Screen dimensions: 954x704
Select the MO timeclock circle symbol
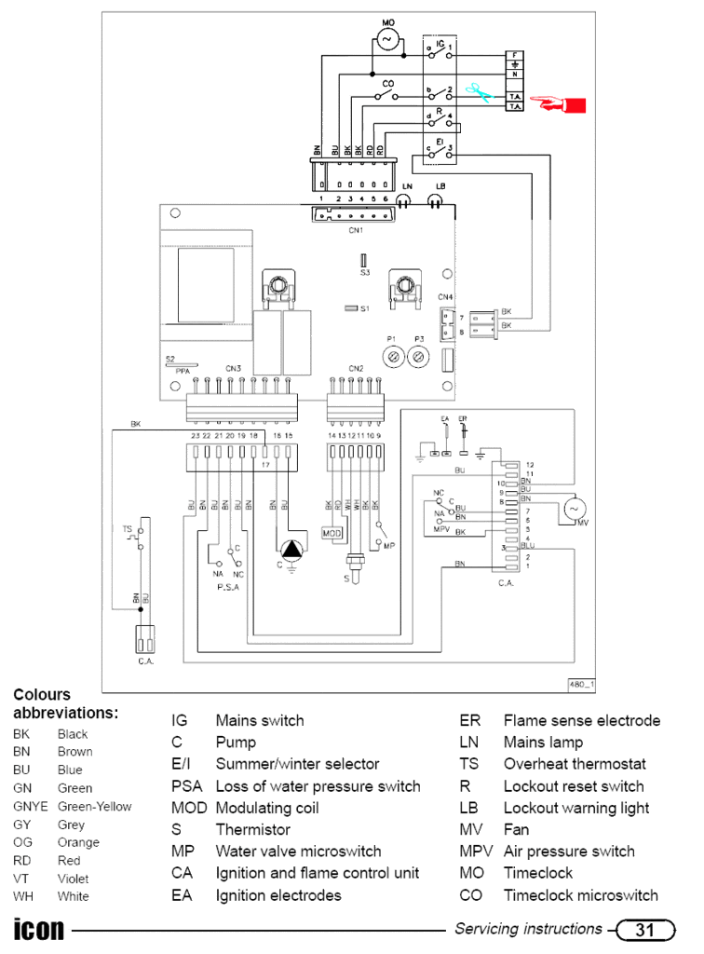click(x=387, y=38)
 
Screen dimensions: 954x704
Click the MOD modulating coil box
click(x=332, y=533)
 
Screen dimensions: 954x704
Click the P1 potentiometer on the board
click(x=393, y=356)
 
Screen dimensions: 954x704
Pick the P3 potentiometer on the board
click(x=419, y=356)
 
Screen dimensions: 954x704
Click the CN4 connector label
click(x=446, y=297)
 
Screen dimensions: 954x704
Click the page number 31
click(x=643, y=929)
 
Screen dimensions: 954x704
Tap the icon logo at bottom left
click(x=39, y=930)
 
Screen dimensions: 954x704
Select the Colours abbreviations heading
click(x=65, y=703)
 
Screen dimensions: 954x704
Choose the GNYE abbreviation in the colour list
click(x=29, y=806)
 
